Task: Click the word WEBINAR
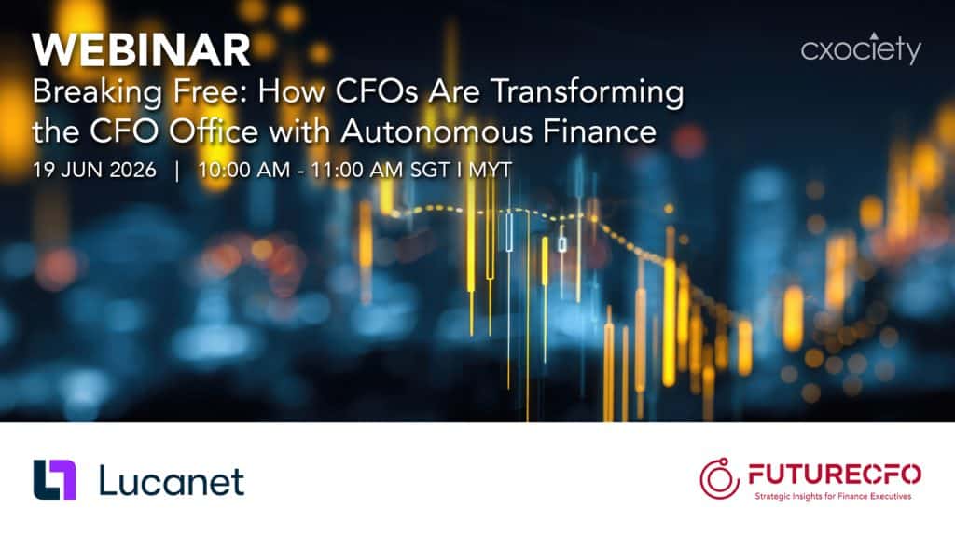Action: coord(142,50)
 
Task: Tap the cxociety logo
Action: coord(861,48)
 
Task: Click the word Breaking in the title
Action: coord(97,93)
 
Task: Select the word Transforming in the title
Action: coord(588,93)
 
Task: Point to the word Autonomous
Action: coord(437,131)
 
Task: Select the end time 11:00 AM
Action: coord(357,170)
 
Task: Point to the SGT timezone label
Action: coord(430,170)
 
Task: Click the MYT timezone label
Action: coord(491,170)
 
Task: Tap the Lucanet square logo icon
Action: coord(55,480)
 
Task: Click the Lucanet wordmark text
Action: coord(172,481)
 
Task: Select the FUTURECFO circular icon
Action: coord(719,478)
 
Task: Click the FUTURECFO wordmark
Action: coord(835,474)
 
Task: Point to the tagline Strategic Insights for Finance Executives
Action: coord(833,496)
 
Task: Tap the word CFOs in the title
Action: coord(377,93)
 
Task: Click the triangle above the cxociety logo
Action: coord(874,35)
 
